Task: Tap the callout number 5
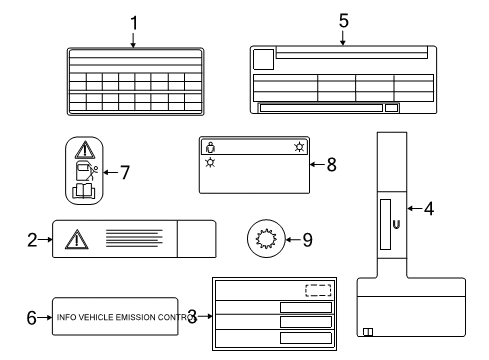coord(342,20)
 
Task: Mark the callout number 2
coord(32,239)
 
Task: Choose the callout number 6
coord(31,317)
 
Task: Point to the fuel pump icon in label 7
coord(82,170)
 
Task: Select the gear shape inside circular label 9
coord(265,239)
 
